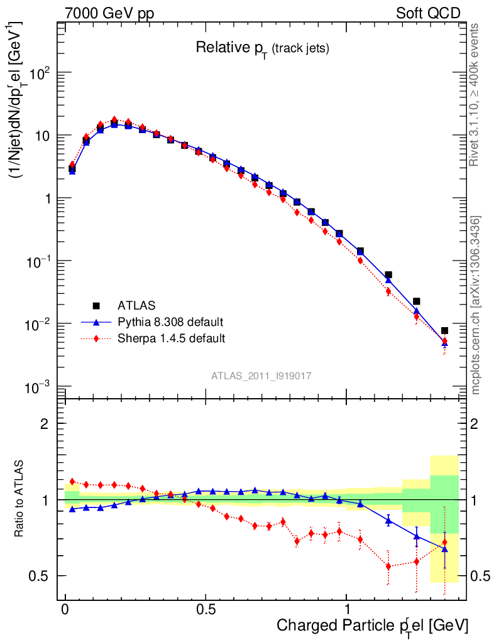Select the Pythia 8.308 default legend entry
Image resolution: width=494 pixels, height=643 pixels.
170,322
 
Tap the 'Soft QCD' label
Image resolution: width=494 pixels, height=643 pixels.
428,13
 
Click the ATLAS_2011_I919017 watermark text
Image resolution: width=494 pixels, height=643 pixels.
261,376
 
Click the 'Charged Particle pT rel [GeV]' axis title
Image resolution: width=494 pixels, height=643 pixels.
373,625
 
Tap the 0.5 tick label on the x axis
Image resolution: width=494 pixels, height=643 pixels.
206,609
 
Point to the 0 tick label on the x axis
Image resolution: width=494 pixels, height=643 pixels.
65,609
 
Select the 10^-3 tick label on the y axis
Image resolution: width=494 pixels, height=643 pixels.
41,386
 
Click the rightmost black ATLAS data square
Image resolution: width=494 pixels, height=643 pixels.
444,330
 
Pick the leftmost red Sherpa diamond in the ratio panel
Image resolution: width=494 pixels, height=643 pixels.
72,482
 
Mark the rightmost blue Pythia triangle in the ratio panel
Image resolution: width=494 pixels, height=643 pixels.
444,549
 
